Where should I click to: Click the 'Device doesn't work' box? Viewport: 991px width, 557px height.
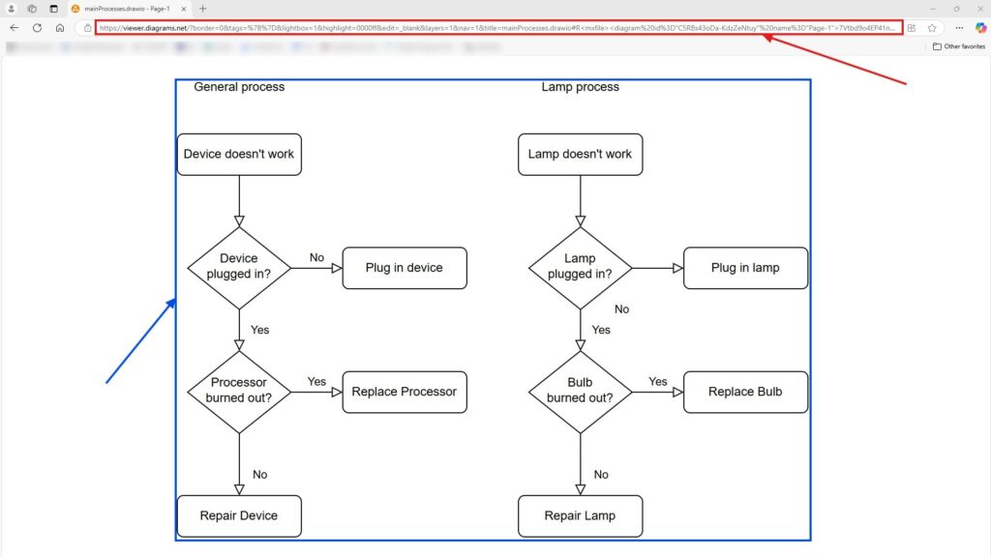pos(239,154)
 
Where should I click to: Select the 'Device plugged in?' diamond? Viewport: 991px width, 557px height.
pos(239,267)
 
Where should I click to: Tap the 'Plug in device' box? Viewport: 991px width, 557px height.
pos(405,268)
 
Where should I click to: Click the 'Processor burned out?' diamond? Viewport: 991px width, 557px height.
pos(239,391)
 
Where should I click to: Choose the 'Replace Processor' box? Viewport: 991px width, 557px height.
pos(405,392)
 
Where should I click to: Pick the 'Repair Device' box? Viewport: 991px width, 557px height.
pos(239,515)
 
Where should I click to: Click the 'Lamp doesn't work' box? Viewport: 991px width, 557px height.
pos(580,154)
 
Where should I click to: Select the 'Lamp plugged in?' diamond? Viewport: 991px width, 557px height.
pos(580,267)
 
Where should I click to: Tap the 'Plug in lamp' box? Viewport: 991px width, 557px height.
pos(745,268)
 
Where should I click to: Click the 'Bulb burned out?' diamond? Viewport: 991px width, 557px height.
pos(580,391)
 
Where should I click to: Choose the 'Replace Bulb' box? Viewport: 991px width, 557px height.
pos(745,392)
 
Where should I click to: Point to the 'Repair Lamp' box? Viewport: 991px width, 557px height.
pos(580,515)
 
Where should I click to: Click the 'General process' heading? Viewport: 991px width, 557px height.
pos(239,87)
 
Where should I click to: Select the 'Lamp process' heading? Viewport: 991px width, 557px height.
pos(580,87)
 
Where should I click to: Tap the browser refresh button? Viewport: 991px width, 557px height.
pos(37,28)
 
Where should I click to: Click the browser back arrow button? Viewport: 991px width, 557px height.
pos(14,28)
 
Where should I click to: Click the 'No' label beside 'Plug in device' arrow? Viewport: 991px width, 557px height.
pos(316,258)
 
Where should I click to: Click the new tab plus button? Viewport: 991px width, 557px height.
pos(203,9)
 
